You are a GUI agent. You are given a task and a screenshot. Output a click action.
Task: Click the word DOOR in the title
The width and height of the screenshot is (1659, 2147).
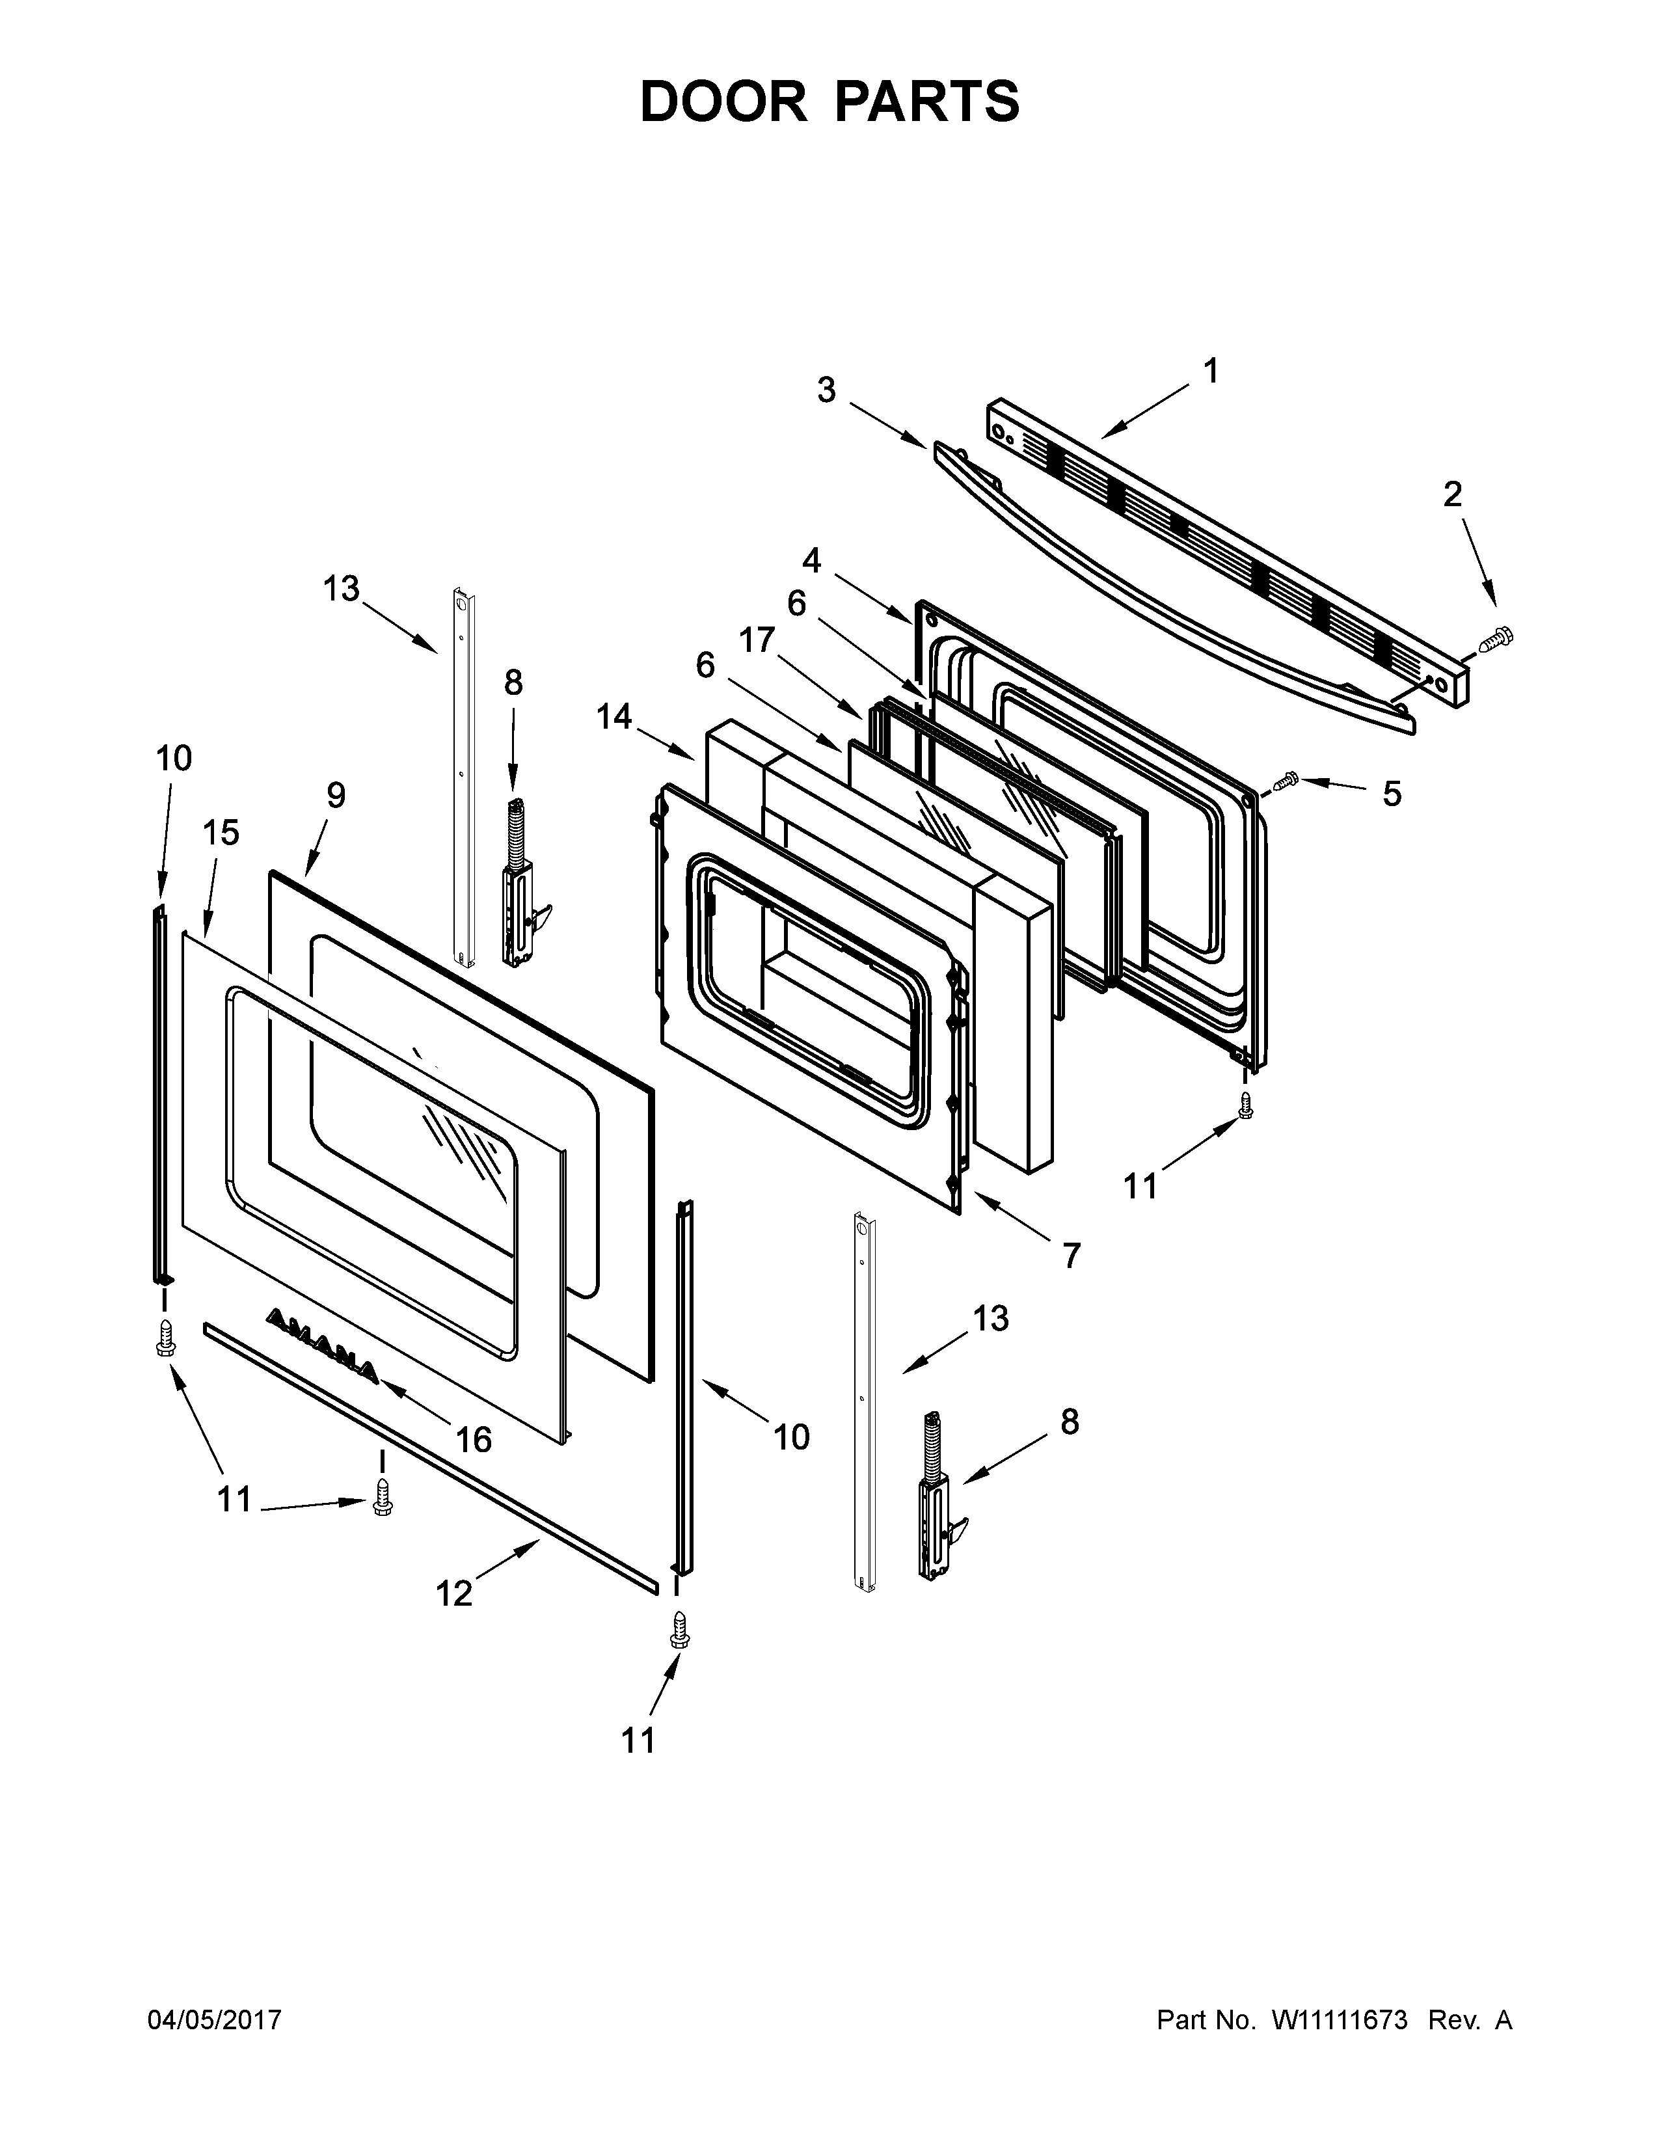[x=722, y=102]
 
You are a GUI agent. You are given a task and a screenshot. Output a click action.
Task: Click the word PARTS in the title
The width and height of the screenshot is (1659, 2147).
[x=928, y=102]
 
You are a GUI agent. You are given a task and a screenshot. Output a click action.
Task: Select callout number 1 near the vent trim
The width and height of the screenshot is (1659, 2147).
[x=1211, y=371]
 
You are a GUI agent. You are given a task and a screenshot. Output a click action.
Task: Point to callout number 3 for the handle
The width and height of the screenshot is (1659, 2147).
[x=826, y=390]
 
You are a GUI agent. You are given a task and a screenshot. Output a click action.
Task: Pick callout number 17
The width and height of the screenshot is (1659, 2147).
[x=757, y=641]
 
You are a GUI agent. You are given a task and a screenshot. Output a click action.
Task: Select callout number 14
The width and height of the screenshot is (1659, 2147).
[x=614, y=717]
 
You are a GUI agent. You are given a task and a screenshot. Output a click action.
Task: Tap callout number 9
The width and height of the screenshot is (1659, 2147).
[x=336, y=794]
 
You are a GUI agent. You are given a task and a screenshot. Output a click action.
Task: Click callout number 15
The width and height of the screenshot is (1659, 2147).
[x=221, y=833]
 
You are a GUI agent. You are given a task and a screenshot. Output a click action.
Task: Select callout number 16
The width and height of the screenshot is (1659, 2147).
[x=474, y=1439]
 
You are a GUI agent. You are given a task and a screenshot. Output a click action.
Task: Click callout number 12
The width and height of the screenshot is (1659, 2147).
[x=454, y=1593]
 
